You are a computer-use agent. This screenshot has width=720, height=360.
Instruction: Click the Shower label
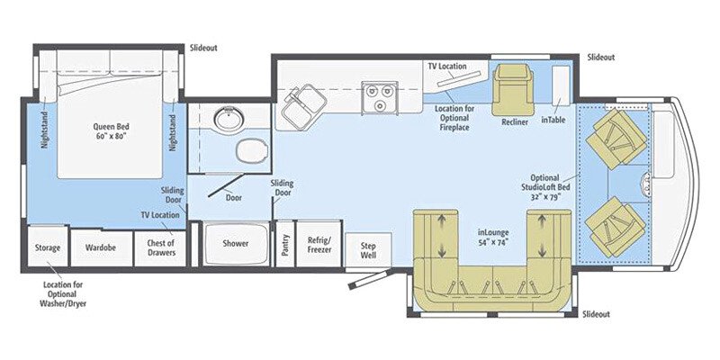click(x=236, y=244)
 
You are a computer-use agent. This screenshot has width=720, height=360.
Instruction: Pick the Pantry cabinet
click(x=284, y=244)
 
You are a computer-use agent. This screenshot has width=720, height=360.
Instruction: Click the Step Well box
click(x=368, y=249)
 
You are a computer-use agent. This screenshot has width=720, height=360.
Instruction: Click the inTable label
click(x=553, y=119)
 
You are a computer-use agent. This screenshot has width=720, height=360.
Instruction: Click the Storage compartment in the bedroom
click(x=47, y=247)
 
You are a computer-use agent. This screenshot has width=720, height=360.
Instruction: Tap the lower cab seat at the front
click(x=616, y=223)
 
